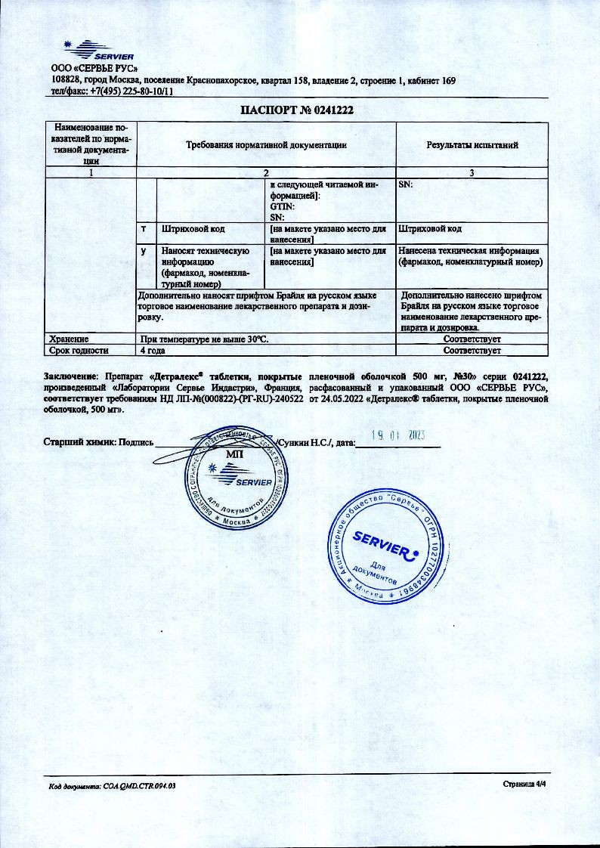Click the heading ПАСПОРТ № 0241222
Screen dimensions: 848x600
[x=297, y=110]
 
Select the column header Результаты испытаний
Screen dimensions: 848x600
[x=472, y=144]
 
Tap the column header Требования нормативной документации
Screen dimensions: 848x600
[x=266, y=144]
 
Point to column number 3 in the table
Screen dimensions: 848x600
[x=472, y=173]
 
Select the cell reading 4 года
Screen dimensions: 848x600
[x=153, y=351]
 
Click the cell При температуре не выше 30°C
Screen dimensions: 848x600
[x=204, y=340]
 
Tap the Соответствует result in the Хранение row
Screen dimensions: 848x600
[x=472, y=340]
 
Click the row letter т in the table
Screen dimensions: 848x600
[x=144, y=228]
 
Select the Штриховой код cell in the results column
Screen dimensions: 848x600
[x=429, y=228]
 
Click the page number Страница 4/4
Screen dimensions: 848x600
[x=524, y=785]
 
